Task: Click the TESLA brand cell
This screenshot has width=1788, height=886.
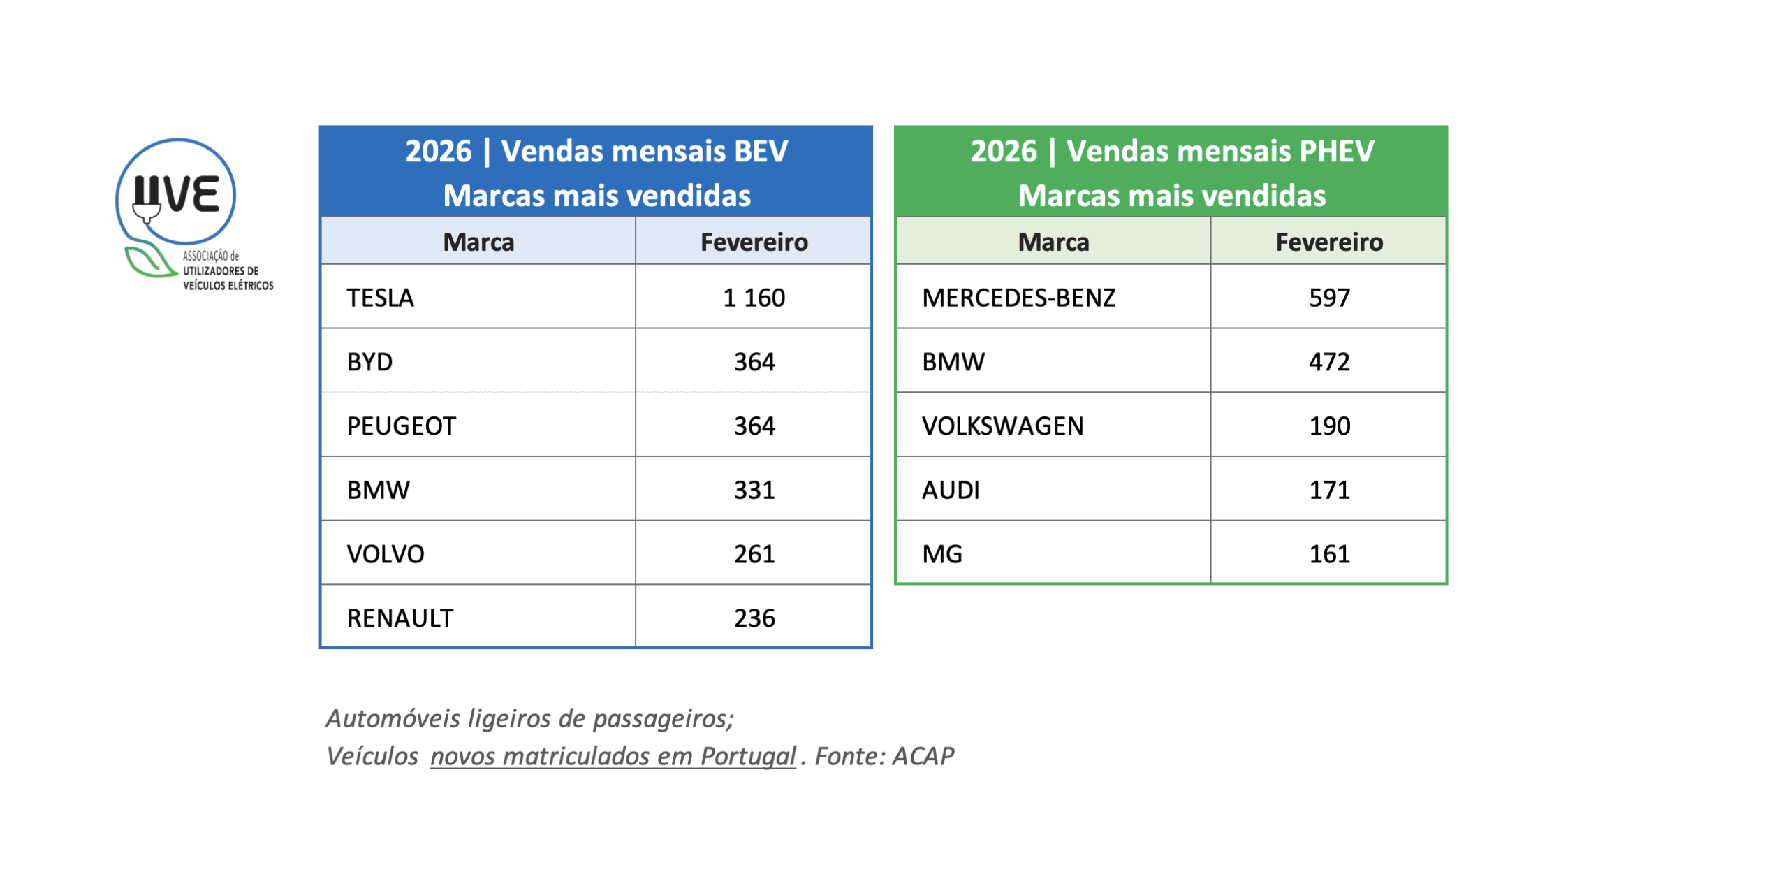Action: tap(381, 298)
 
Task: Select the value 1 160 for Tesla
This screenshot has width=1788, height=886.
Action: tap(754, 298)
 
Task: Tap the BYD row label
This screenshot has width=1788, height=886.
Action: tap(369, 362)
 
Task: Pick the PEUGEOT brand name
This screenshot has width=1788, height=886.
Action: tap(401, 426)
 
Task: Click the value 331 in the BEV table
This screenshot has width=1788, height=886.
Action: tap(754, 490)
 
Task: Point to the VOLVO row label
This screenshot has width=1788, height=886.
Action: tap(386, 554)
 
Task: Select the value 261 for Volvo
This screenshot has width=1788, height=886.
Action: tap(754, 554)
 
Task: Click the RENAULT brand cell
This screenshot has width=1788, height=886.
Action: tap(400, 618)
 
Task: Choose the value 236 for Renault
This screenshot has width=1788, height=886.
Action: tap(754, 618)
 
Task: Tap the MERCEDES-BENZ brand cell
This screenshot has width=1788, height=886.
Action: tap(1018, 298)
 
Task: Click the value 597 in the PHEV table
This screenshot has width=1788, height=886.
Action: tap(1329, 298)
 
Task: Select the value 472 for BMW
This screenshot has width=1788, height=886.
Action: tap(1329, 362)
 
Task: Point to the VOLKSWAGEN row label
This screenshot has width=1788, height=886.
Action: tap(1002, 426)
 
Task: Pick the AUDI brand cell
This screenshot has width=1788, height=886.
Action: tap(951, 490)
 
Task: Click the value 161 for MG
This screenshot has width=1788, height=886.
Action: tap(1329, 554)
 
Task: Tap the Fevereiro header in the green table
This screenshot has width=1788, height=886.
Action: tap(1329, 242)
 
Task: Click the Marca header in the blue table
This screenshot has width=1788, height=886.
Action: tap(478, 242)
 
